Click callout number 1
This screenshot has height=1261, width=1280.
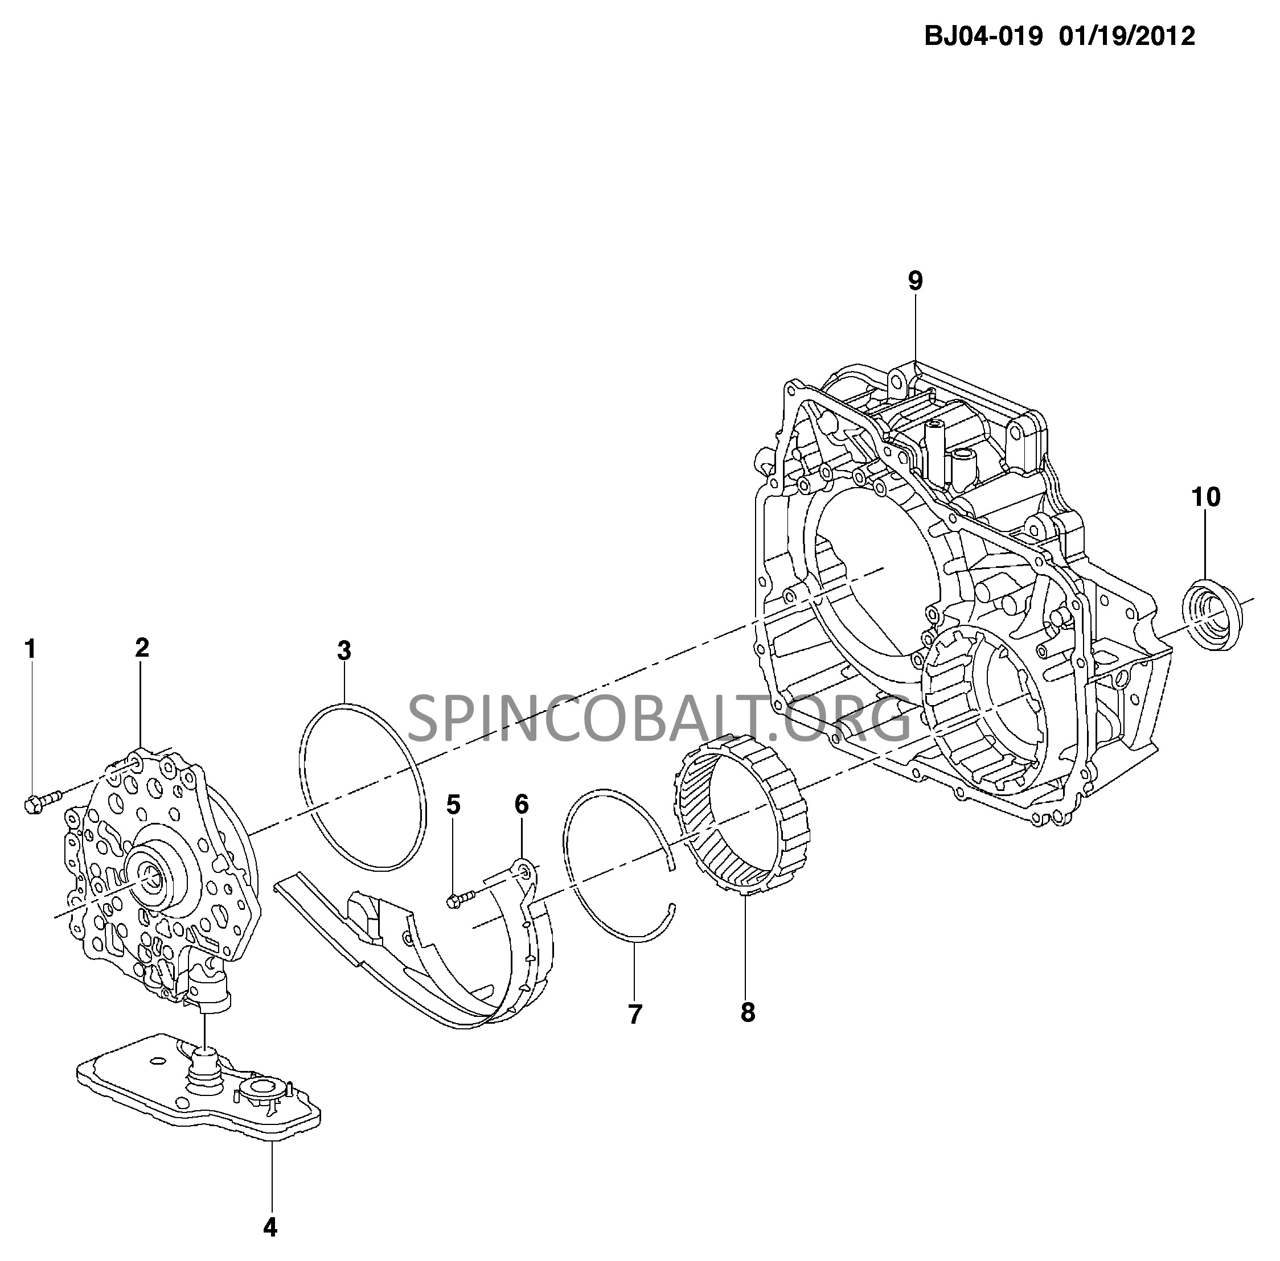(31, 649)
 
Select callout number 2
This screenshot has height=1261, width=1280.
(142, 648)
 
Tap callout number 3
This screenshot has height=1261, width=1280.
(344, 651)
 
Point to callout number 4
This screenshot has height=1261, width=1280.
(270, 1228)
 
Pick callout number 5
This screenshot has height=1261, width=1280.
(453, 805)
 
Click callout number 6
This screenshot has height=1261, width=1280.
(522, 805)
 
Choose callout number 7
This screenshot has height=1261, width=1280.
(635, 1014)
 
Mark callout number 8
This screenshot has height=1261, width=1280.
(748, 1011)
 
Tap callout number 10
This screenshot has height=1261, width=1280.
(1206, 497)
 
